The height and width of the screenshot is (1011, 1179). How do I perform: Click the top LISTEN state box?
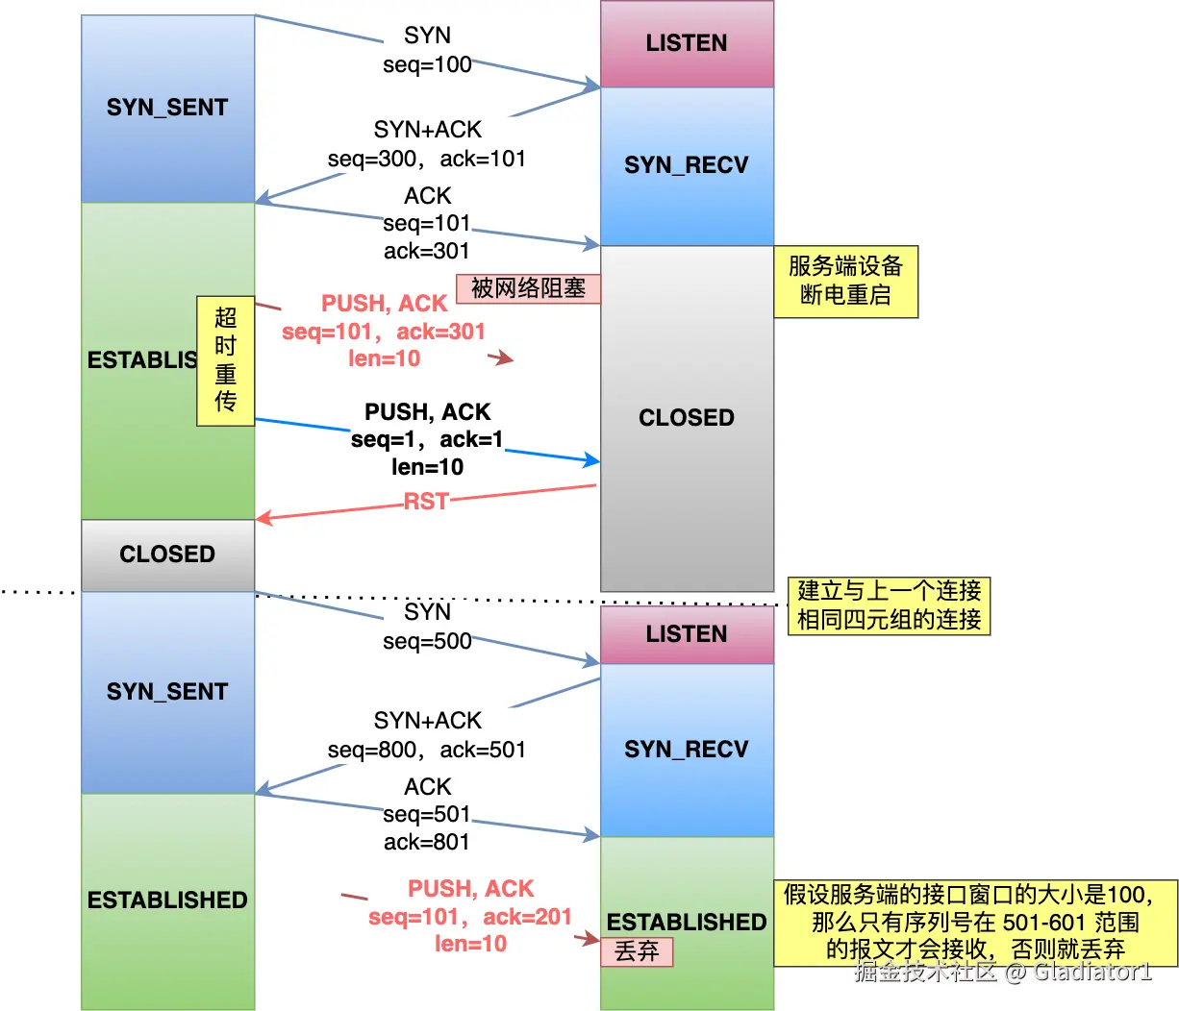click(x=687, y=44)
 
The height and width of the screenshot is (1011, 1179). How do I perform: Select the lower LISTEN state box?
click(x=687, y=634)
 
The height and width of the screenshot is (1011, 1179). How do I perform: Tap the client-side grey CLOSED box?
click(x=167, y=555)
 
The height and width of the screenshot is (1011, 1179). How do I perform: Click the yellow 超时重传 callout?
click(x=225, y=360)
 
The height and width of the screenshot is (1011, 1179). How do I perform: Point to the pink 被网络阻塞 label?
click(x=528, y=288)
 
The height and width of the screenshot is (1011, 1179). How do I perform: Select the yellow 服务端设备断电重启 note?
click(x=846, y=282)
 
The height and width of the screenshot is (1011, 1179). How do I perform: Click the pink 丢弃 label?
click(x=637, y=951)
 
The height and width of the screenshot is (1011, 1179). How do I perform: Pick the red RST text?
click(x=426, y=502)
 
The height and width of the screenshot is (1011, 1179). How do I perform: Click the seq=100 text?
click(x=427, y=65)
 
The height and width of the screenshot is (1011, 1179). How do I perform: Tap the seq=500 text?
click(x=427, y=642)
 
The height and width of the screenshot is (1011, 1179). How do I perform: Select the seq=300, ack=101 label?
click(x=427, y=159)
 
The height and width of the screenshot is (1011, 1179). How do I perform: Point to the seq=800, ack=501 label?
click(x=427, y=750)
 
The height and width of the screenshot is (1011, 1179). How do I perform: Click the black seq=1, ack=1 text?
click(x=427, y=439)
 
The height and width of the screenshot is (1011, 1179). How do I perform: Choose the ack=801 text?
click(x=427, y=842)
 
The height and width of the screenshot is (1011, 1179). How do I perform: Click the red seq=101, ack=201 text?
click(x=470, y=917)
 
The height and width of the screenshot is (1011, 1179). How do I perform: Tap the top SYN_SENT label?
click(x=167, y=108)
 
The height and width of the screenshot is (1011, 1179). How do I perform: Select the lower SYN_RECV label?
click(x=687, y=750)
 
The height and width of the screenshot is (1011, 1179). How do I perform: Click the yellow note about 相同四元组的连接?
click(x=889, y=605)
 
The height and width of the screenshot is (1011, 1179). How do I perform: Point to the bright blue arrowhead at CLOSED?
click(x=592, y=460)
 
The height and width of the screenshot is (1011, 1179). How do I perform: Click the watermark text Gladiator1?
click(x=1092, y=972)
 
